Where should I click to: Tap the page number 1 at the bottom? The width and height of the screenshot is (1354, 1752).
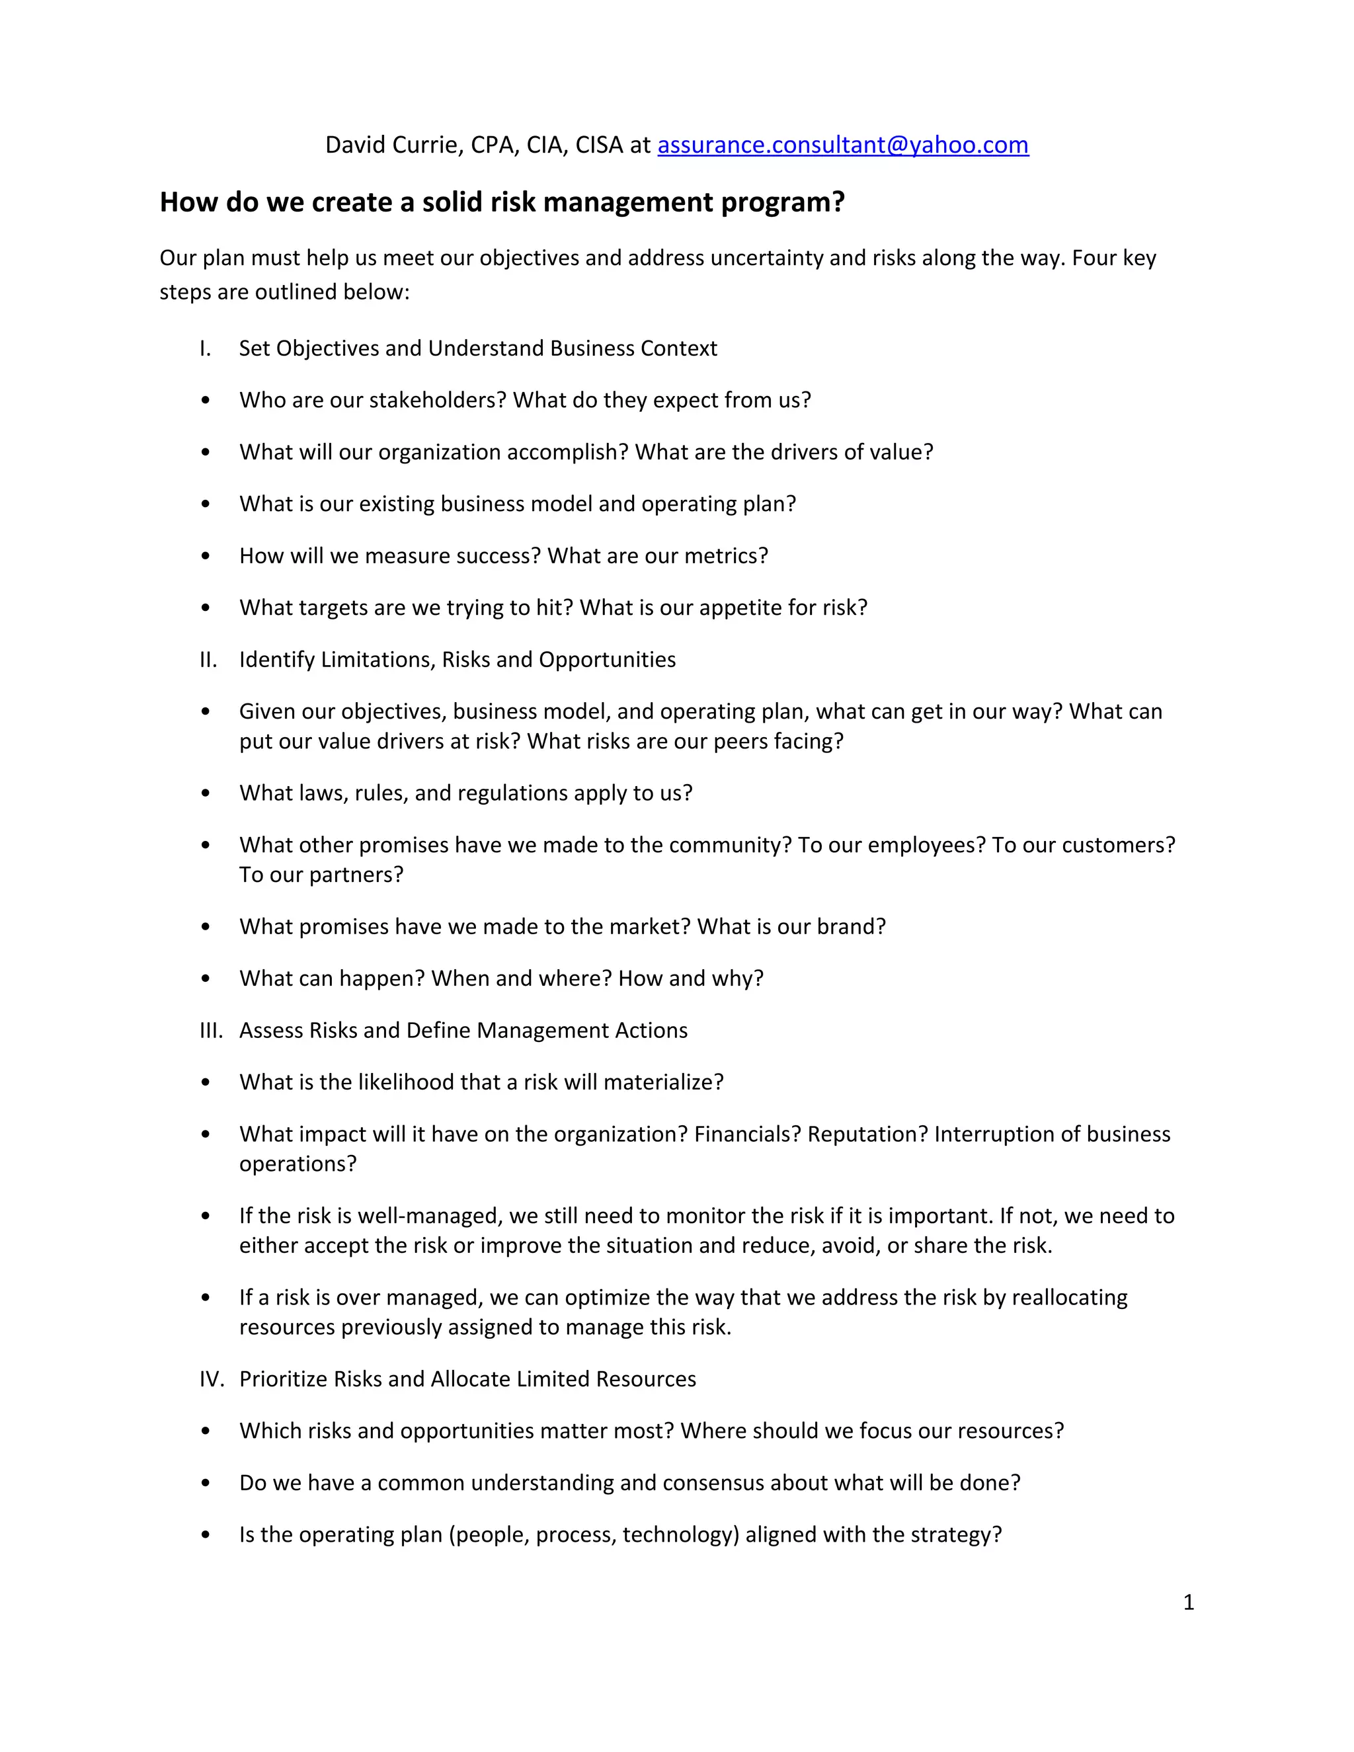(1189, 1603)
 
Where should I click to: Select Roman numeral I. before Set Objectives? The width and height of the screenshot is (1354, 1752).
(206, 348)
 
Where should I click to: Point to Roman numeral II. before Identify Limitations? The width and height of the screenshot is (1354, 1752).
(208, 659)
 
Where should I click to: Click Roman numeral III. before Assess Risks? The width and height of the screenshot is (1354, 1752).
(211, 1030)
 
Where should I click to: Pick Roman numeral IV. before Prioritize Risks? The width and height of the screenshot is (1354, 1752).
(212, 1379)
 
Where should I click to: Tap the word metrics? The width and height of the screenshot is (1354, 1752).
(730, 556)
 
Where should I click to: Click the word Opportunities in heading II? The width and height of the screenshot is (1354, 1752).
(606, 659)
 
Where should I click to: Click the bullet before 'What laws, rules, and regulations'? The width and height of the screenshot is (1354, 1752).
(206, 793)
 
